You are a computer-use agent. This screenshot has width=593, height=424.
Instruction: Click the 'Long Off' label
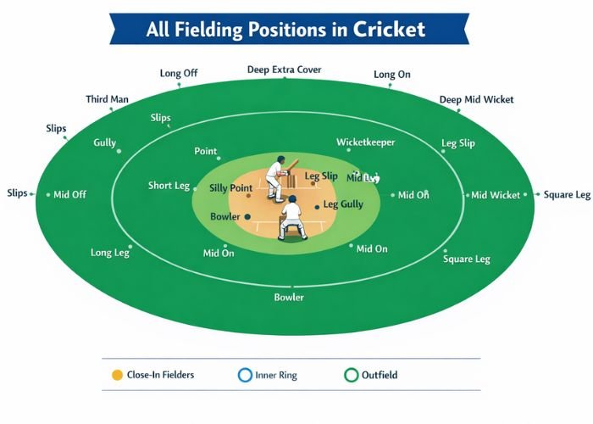point(179,73)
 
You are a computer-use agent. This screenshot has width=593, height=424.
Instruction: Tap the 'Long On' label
point(392,75)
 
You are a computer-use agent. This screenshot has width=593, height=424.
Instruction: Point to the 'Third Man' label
point(108,99)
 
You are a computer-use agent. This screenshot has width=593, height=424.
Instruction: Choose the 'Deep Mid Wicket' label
point(476,99)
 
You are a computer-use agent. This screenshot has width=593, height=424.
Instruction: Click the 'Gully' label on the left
point(104,142)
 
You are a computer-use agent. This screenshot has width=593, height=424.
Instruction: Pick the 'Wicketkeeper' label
point(365,142)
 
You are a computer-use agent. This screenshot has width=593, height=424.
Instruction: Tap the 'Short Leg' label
point(169,186)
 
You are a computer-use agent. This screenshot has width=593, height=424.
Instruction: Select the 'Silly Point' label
point(230,187)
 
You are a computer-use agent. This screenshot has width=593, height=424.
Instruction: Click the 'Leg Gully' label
point(343,204)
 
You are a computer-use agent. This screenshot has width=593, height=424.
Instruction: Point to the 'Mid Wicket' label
point(496,195)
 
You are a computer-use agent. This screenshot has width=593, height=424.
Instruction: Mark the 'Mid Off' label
point(70,195)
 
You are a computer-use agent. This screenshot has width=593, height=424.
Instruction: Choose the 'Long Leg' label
point(110,253)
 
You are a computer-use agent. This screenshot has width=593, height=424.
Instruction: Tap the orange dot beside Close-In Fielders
point(117,375)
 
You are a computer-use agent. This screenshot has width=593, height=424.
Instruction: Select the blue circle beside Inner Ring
point(245,375)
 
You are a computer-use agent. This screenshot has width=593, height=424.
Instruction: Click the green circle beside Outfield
point(351,375)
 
